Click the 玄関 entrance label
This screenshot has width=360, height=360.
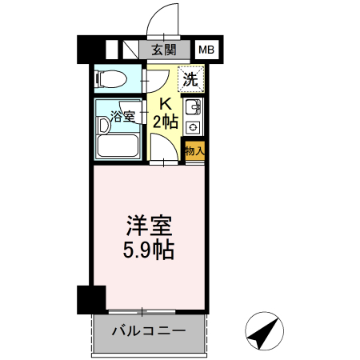pos(163,50)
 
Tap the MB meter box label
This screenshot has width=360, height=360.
pos(206,50)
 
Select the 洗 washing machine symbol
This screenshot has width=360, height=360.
pos(190,78)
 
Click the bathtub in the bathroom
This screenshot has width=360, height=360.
pos(118,145)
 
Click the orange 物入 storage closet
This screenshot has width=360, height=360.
pos(194,150)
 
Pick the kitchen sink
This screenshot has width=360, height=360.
pos(194,109)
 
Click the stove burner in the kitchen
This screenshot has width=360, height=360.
pos(194,126)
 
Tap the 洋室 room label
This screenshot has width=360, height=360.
pos(148,224)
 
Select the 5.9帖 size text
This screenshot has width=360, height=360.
pos(148,249)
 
